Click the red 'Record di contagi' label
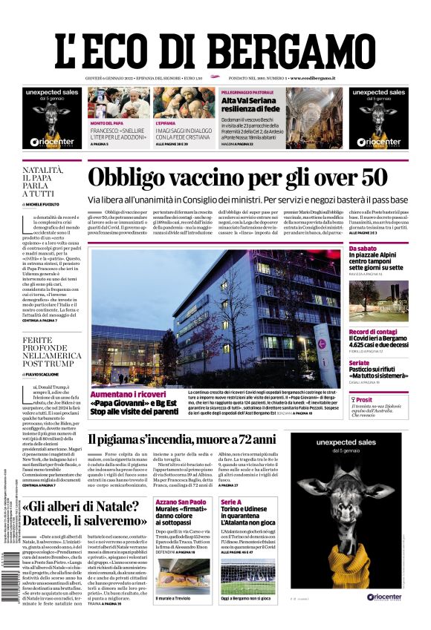372,332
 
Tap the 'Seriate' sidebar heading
359,363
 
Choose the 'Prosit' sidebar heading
366,399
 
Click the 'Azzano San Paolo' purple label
178,502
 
